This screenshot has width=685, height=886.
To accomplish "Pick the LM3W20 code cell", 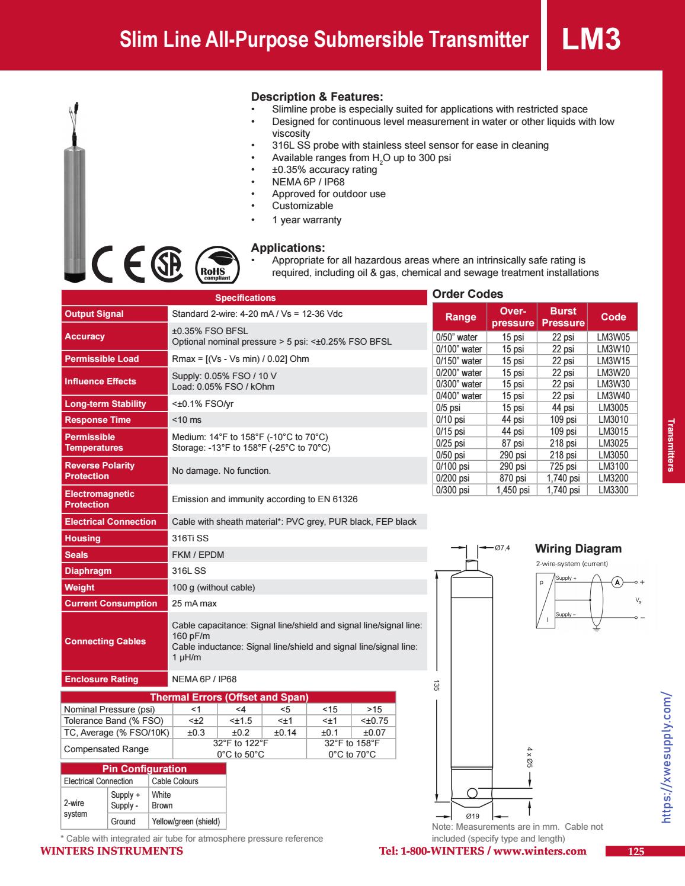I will pyautogui.click(x=613, y=373).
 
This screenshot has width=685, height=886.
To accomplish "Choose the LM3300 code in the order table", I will pyautogui.click(x=613, y=490).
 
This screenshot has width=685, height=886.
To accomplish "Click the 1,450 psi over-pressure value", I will pyautogui.click(x=513, y=490).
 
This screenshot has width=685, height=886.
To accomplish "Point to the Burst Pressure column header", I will pyautogui.click(x=563, y=317).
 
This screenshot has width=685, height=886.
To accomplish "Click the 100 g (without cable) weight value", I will pyautogui.click(x=213, y=588).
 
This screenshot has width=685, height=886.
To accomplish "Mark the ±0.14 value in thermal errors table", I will pyautogui.click(x=284, y=733).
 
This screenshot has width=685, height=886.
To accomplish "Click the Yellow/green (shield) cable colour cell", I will pyautogui.click(x=185, y=821).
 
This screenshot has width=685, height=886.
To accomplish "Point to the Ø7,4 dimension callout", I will pyautogui.click(x=502, y=548).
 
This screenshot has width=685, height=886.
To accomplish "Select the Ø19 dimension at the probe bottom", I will pyautogui.click(x=472, y=816).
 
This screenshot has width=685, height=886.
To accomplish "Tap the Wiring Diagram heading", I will pyautogui.click(x=578, y=548).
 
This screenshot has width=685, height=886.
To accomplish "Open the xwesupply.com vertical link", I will pyautogui.click(x=666, y=757).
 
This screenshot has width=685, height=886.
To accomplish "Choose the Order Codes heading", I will pyautogui.click(x=468, y=294).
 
